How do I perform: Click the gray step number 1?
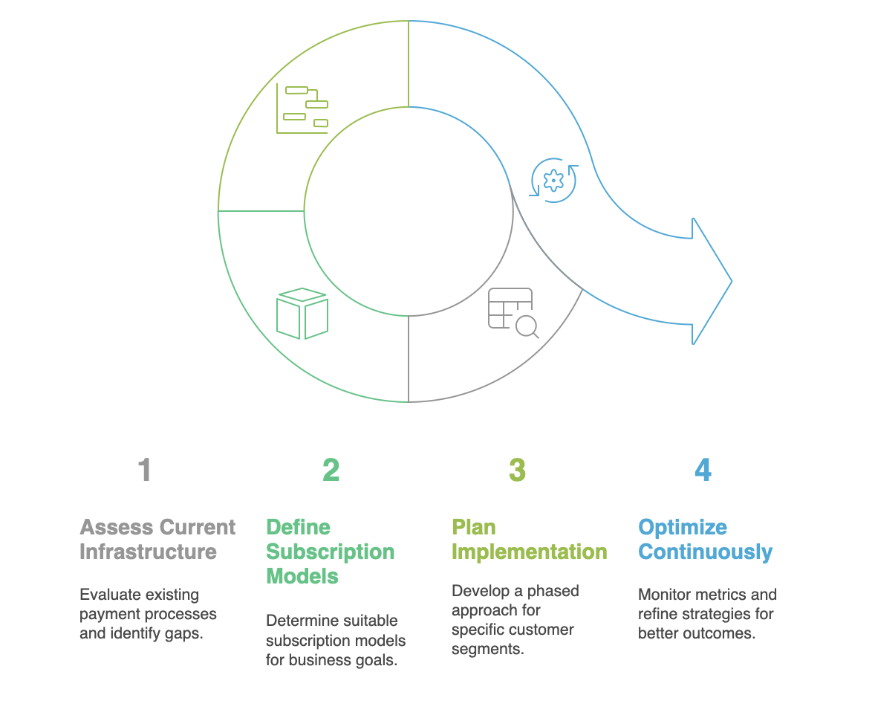click(145, 470)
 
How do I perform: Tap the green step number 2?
click(331, 470)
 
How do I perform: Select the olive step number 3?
click(517, 470)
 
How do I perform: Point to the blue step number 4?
click(703, 470)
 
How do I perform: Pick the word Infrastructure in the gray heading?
click(148, 552)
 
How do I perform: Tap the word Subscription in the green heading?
click(330, 552)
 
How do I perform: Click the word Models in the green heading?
click(302, 577)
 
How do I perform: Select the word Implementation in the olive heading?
click(529, 552)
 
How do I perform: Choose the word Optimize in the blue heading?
click(683, 528)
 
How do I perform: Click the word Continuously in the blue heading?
click(705, 552)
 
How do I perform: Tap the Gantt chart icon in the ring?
click(302, 109)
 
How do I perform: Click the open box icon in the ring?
click(302, 314)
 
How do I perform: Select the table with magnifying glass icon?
click(513, 313)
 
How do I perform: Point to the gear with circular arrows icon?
click(553, 180)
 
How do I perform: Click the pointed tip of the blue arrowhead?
click(731, 281)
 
